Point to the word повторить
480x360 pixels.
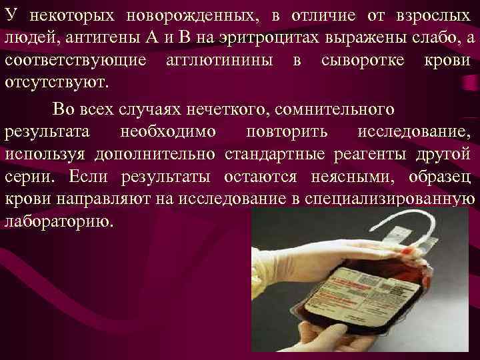pos(287,131)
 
